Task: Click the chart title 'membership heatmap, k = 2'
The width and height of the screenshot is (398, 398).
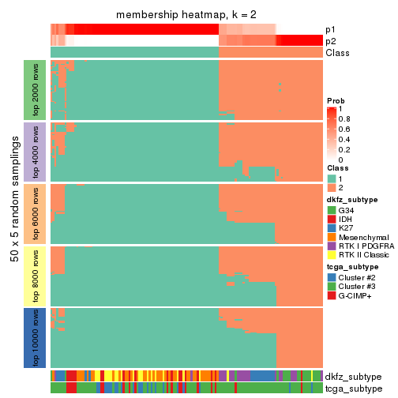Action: click(x=186, y=15)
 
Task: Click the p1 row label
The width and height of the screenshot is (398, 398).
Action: click(x=331, y=29)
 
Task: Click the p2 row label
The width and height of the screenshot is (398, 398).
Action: click(x=331, y=41)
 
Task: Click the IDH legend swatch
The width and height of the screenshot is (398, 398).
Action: click(x=331, y=219)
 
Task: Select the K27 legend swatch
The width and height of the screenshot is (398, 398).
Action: click(x=331, y=228)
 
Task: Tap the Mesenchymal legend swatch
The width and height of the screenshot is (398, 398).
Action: click(x=331, y=238)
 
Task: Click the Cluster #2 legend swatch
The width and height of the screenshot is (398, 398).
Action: click(x=331, y=277)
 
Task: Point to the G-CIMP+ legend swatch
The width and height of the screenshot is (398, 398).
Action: click(x=331, y=296)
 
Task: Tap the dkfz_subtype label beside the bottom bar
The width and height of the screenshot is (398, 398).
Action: click(x=353, y=376)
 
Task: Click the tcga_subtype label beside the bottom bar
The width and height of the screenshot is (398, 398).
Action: click(x=352, y=388)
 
